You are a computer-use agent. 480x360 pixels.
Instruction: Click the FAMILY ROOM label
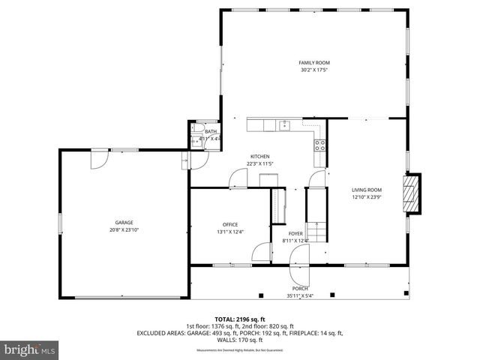314,62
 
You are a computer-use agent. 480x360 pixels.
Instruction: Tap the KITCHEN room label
259,157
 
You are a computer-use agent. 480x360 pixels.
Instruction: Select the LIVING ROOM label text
367,190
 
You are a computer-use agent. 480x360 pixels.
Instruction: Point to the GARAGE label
124,223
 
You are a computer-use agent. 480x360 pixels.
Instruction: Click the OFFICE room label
229,225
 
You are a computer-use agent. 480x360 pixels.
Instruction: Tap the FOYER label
295,233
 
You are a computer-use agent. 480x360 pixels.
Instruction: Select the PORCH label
300,289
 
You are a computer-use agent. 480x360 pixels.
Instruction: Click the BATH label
211,132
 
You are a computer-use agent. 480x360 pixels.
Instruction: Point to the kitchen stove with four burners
320,145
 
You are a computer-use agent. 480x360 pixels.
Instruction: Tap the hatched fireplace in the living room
409,194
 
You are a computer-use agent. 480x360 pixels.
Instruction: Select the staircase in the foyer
316,232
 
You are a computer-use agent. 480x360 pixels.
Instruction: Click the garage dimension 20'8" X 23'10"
124,230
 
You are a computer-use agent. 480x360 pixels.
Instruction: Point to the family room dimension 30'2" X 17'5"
314,70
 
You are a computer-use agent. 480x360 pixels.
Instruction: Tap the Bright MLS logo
30,349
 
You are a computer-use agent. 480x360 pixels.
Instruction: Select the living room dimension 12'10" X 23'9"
367,197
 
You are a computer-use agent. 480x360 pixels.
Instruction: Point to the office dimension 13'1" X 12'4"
229,232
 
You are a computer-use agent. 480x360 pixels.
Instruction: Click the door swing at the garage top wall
99,157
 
